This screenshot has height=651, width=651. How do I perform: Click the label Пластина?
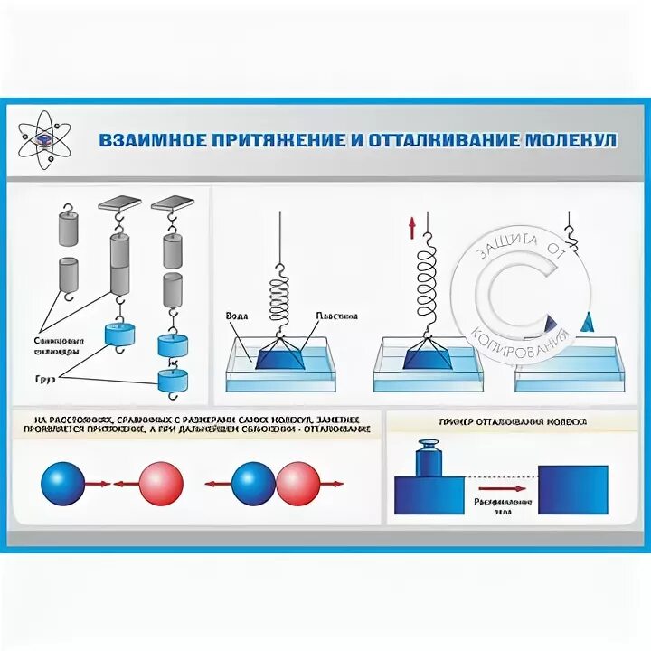[x=336, y=316]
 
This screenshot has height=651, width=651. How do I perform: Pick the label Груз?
[x=46, y=380]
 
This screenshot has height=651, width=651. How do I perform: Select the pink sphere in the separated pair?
[x=160, y=483]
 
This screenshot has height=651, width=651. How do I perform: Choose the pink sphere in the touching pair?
[x=297, y=483]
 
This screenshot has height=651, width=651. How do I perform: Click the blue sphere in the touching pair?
[x=254, y=483]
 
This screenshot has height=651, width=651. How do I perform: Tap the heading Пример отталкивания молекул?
[x=513, y=422]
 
